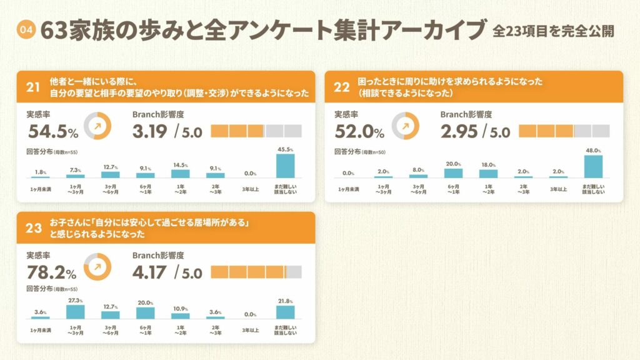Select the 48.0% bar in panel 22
pyautogui.click(x=593, y=166)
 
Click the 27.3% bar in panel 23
pyautogui.click(x=76, y=311)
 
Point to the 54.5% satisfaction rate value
pyautogui.click(x=52, y=131)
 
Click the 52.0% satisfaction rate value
pyautogui.click(x=359, y=131)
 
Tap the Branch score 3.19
pyautogui.click(x=150, y=131)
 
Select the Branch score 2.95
pyautogui.click(x=458, y=131)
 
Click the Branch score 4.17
pyautogui.click(x=150, y=272)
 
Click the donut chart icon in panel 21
pyautogui.click(x=97, y=125)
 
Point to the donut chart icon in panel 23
pyautogui.click(x=97, y=266)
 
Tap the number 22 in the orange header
pyautogui.click(x=342, y=87)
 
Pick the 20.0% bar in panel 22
pyautogui.click(x=454, y=173)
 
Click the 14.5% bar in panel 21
pyautogui.click(x=180, y=174)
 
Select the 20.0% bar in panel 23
pyautogui.click(x=145, y=313)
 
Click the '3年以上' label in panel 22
pyautogui.click(x=558, y=189)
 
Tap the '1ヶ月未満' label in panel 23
pyautogui.click(x=41, y=329)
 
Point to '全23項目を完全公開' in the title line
pyautogui.click(x=552, y=30)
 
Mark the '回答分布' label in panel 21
pyautogui.click(x=37, y=151)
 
